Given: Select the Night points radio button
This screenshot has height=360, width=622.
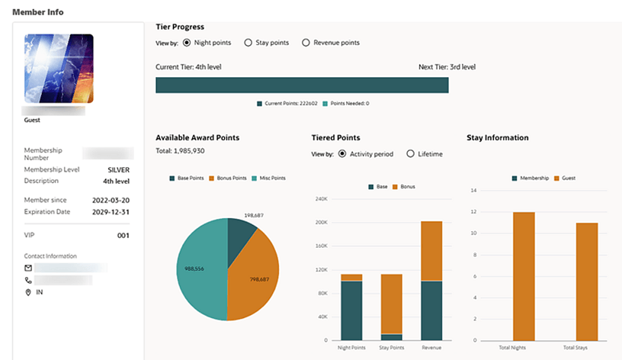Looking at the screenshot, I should pos(187,43).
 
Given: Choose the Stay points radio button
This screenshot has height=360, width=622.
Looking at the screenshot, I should pos(248,43).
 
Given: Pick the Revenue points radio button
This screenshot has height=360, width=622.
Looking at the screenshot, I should pos(306,43).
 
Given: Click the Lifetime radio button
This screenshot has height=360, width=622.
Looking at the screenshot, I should pos(411,153).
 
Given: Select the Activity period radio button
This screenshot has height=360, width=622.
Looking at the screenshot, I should pos(341,153).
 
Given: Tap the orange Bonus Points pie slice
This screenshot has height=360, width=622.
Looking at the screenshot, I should pos(255,278).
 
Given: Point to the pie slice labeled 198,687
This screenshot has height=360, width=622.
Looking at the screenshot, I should pos(242,233).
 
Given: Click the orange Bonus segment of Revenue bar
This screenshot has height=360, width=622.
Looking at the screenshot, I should pos(431,251).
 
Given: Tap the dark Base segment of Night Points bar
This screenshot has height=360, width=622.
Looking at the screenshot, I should pos(351,310).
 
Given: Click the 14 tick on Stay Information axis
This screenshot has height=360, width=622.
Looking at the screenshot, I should pos(473,190).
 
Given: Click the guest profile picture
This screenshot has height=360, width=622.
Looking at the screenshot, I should pos(59,69).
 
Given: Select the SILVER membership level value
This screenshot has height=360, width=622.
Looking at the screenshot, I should pos(118,170).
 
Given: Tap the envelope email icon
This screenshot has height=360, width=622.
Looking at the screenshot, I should pos(28,268).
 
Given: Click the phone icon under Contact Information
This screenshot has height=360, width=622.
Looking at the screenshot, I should pos(28,280).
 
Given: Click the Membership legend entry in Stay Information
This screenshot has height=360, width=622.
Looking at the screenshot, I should pos(533,177).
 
